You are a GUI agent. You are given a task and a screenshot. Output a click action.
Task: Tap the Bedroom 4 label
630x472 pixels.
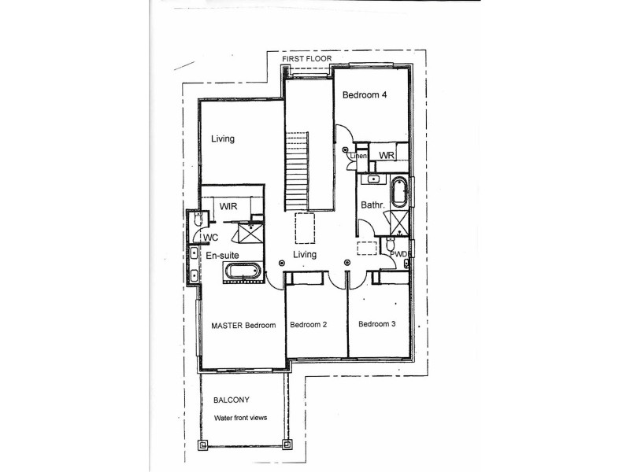365,95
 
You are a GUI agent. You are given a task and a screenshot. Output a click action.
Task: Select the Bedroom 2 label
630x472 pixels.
308,324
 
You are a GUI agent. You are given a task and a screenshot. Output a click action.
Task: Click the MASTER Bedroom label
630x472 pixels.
243,325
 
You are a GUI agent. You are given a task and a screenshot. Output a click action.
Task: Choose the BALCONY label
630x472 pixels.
232,400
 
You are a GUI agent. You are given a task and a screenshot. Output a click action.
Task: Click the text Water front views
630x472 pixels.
242,418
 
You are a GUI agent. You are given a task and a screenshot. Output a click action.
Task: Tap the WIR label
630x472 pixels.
229,206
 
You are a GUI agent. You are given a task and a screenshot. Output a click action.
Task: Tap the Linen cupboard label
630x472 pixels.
359,156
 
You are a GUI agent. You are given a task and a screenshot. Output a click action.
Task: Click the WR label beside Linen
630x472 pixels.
386,156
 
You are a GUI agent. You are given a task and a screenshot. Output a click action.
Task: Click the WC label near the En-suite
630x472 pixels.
210,237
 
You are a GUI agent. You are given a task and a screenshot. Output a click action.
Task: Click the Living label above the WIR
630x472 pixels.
223,139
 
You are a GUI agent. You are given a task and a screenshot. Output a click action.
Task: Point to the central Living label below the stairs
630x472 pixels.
305,255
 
